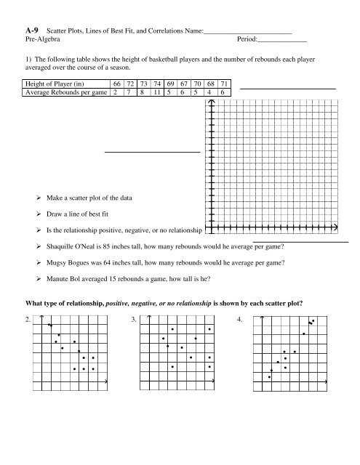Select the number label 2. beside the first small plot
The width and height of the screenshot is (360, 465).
[x=28, y=320]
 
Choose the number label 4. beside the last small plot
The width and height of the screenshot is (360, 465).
[x=240, y=320]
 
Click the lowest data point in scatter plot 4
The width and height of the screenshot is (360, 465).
[x=270, y=377]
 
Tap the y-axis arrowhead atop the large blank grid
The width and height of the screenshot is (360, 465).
[x=212, y=102]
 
